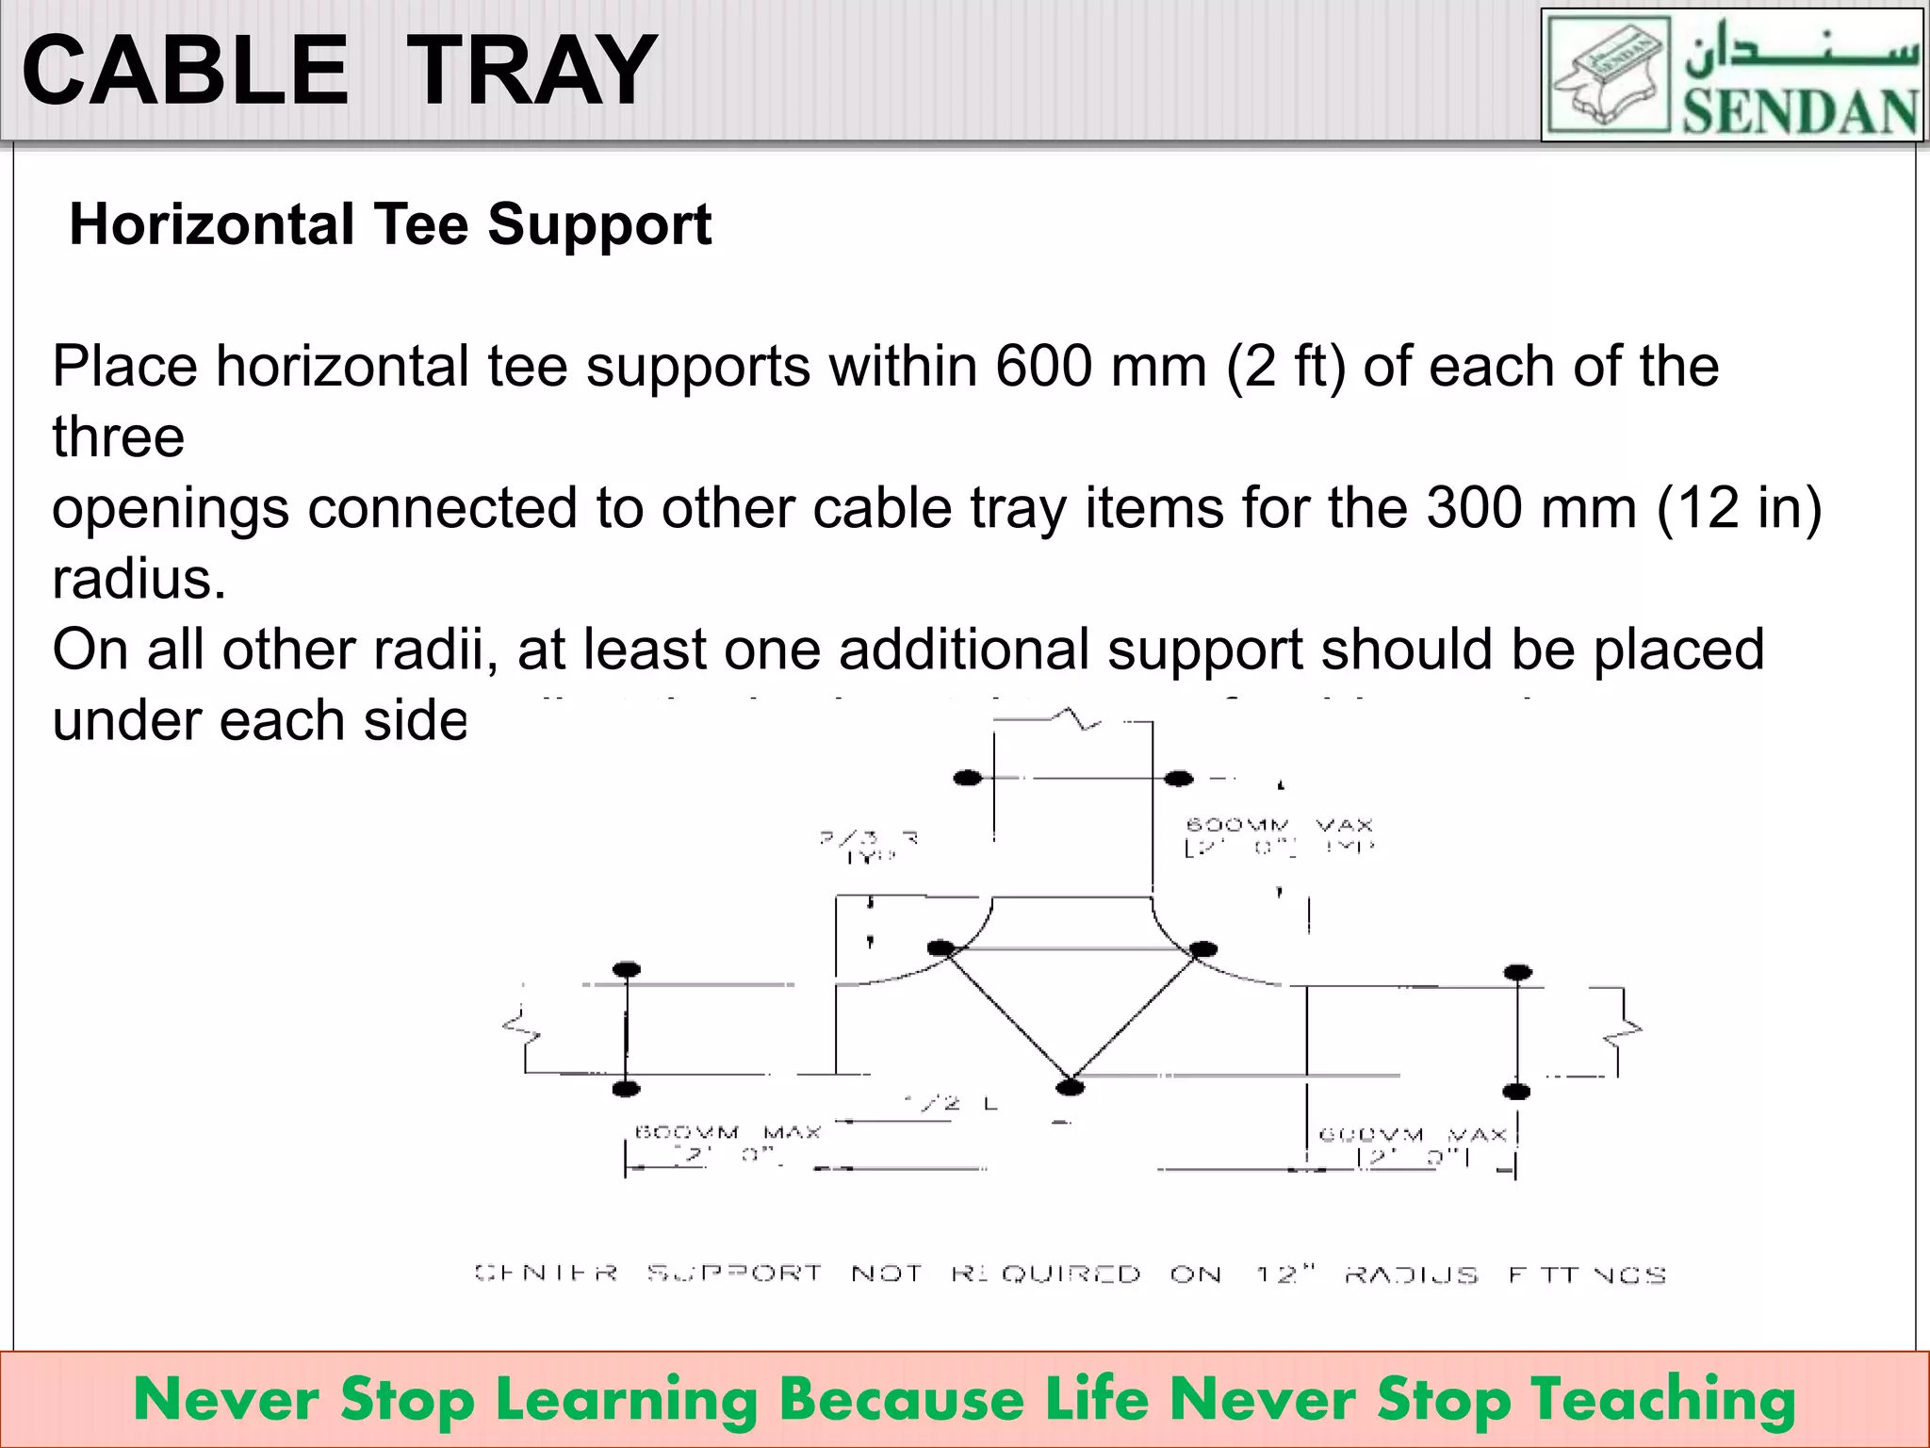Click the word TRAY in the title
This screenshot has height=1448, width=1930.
click(x=532, y=70)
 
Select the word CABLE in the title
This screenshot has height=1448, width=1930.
click(x=186, y=70)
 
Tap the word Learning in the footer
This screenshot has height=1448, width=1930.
click(x=628, y=1399)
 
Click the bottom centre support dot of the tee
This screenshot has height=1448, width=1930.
click(x=1070, y=1088)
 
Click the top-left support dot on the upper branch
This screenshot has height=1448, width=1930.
click(x=968, y=778)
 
